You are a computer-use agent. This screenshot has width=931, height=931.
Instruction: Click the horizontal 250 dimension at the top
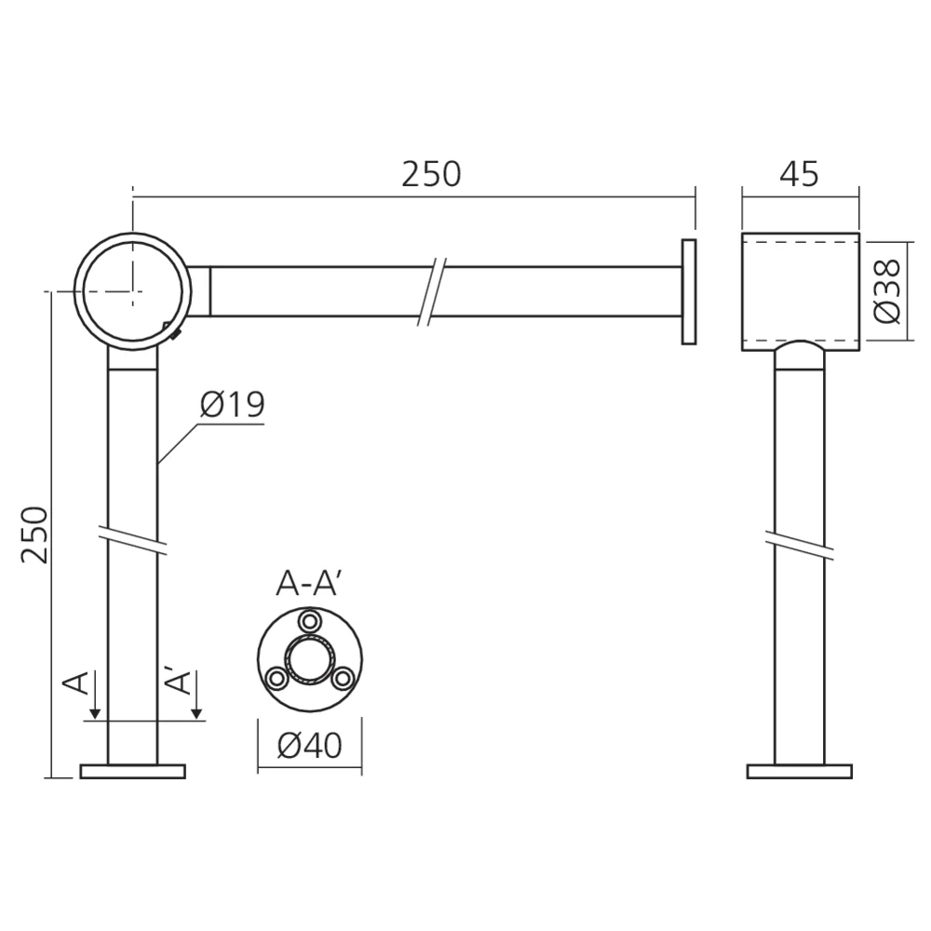(x=431, y=174)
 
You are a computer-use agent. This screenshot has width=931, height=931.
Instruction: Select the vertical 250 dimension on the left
(x=34, y=534)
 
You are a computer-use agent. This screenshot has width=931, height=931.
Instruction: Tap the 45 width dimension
(x=799, y=174)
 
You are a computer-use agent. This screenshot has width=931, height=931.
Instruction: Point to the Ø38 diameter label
(x=888, y=290)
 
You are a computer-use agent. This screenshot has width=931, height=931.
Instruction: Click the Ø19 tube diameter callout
(x=232, y=404)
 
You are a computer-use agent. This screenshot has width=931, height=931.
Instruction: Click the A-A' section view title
(x=307, y=585)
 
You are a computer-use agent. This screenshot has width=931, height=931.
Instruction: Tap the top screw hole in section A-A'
(x=309, y=621)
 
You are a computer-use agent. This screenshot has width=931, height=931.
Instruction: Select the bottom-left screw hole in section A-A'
(x=277, y=678)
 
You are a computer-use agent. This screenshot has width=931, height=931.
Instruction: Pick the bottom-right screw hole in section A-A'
(x=342, y=678)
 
